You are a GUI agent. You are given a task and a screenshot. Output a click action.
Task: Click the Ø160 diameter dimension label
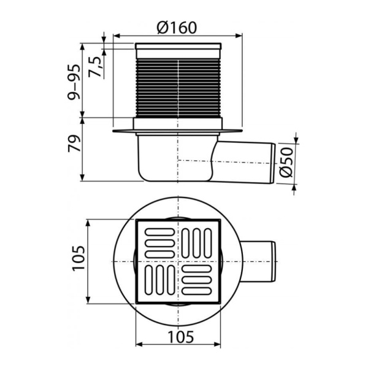point(177,28)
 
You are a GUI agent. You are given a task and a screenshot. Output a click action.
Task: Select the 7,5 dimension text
point(95,67)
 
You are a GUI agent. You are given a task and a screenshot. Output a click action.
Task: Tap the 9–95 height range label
point(74,82)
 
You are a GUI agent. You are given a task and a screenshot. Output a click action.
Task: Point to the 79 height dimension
point(74,143)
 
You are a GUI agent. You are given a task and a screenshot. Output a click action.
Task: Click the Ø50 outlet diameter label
point(286,162)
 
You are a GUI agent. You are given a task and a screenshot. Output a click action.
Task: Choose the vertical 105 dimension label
point(79,259)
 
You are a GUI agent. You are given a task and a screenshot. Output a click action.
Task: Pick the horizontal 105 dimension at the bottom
point(181,337)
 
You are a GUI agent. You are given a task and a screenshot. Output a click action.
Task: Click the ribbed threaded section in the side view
point(178,88)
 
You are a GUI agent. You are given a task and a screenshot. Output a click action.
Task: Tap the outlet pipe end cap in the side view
point(273,164)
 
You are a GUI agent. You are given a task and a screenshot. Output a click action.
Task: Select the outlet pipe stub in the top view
point(258,261)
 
